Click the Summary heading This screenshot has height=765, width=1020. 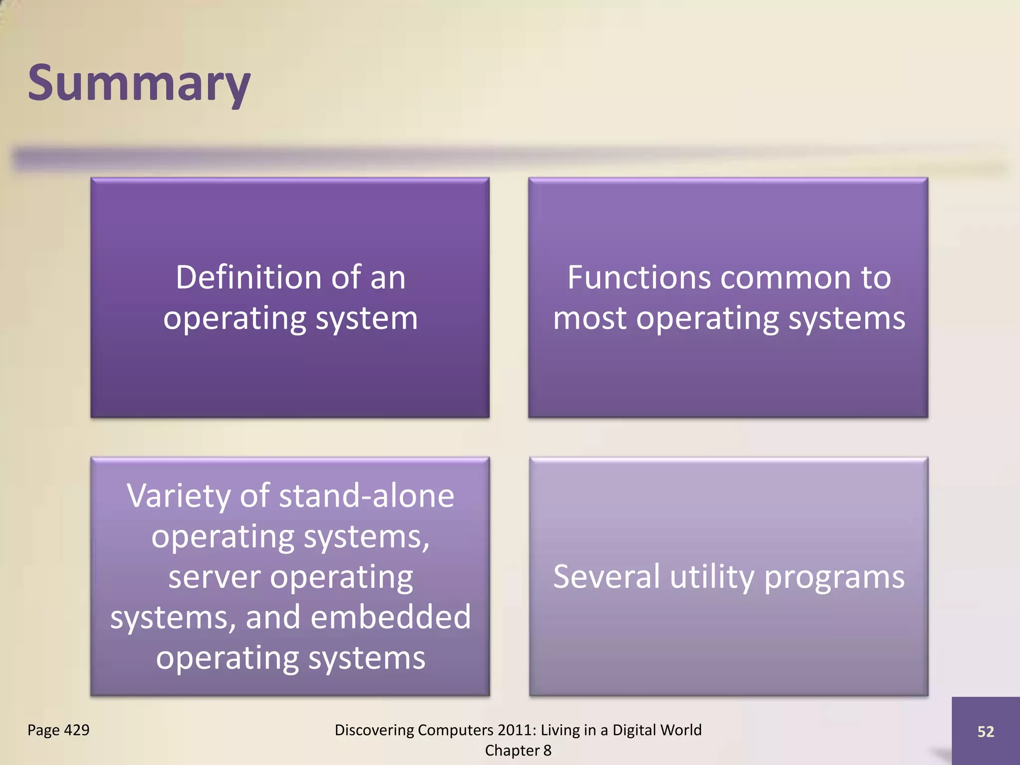[x=139, y=84]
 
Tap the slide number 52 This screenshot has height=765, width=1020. [x=985, y=731]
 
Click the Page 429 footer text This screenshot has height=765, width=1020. [x=58, y=730]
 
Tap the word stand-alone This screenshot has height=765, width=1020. [x=367, y=497]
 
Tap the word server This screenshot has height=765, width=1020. [x=214, y=578]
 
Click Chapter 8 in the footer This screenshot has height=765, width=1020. [x=518, y=751]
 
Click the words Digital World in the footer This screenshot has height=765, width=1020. [x=656, y=730]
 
